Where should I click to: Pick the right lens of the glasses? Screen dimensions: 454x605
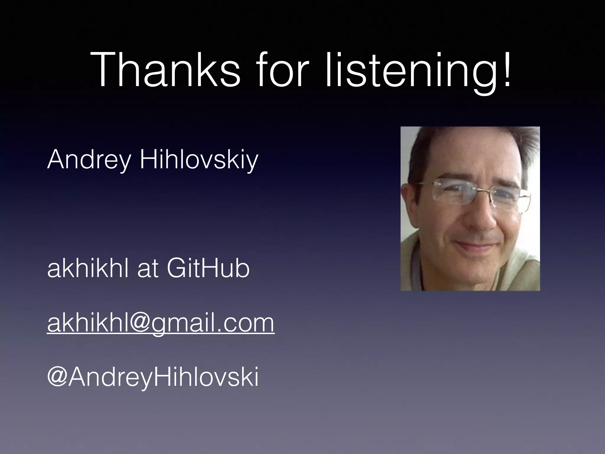click(508, 198)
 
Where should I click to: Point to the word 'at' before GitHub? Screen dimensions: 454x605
click(147, 269)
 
